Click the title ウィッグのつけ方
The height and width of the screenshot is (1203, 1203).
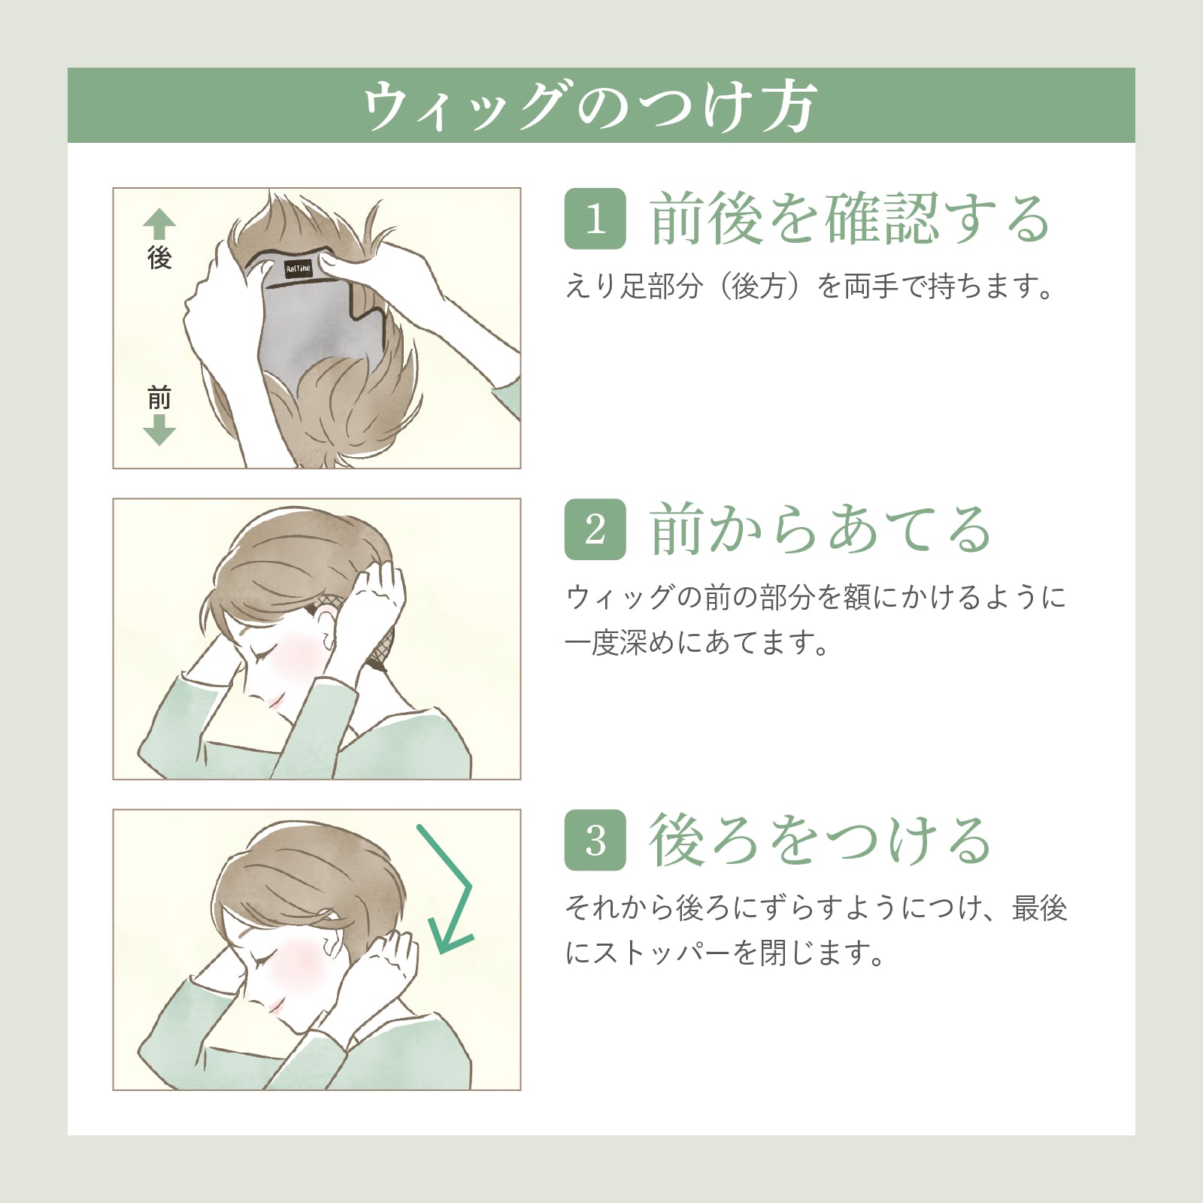(589, 106)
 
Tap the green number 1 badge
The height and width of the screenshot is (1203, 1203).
(595, 219)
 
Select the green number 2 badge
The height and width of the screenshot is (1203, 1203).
(595, 529)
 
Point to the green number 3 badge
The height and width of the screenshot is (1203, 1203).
(595, 840)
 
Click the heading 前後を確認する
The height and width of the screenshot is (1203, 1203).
(850, 219)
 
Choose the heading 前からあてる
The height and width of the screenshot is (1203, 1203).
(820, 529)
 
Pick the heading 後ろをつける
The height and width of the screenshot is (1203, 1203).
(820, 840)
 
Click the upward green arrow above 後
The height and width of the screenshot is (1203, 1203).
(159, 225)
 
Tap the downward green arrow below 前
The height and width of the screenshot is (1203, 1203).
(159, 429)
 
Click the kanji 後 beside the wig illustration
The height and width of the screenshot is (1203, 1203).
(159, 258)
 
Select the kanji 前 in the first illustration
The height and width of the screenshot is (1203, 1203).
(159, 398)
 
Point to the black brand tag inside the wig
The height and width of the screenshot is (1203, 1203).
(298, 269)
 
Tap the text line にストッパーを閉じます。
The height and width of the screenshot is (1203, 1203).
(726, 953)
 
